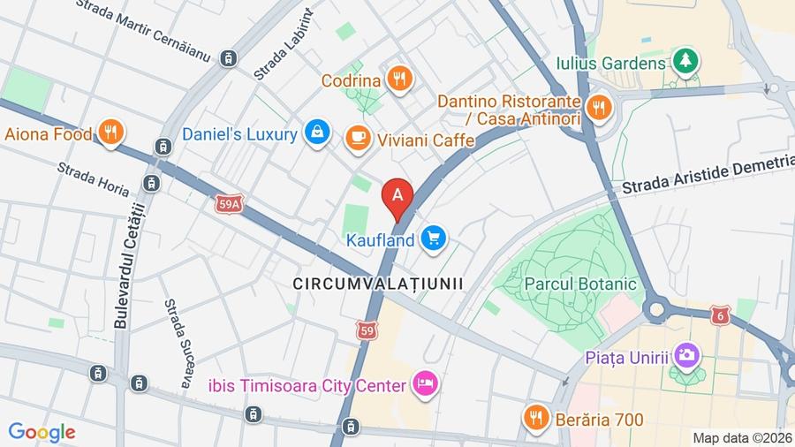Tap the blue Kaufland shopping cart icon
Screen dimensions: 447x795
tap(433, 239)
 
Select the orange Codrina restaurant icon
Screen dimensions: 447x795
tap(400, 80)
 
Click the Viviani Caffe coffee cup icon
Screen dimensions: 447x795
tap(358, 137)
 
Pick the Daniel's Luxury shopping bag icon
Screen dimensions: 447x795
tap(315, 133)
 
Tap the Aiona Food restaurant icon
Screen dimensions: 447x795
tap(110, 133)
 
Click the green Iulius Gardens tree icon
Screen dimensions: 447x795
tap(684, 62)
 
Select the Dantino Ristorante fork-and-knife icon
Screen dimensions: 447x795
tap(599, 108)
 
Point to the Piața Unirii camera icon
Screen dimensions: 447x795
tap(686, 356)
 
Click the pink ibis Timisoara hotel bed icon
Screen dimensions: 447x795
tap(425, 384)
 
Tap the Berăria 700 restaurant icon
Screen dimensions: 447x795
tap(535, 418)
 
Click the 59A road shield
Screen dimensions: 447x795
tap(228, 205)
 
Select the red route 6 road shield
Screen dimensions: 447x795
tap(721, 314)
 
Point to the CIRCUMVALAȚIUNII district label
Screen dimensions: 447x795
tap(378, 283)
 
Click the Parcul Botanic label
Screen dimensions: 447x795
tap(580, 284)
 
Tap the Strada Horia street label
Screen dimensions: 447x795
tap(93, 179)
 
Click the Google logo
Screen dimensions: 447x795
tap(42, 432)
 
